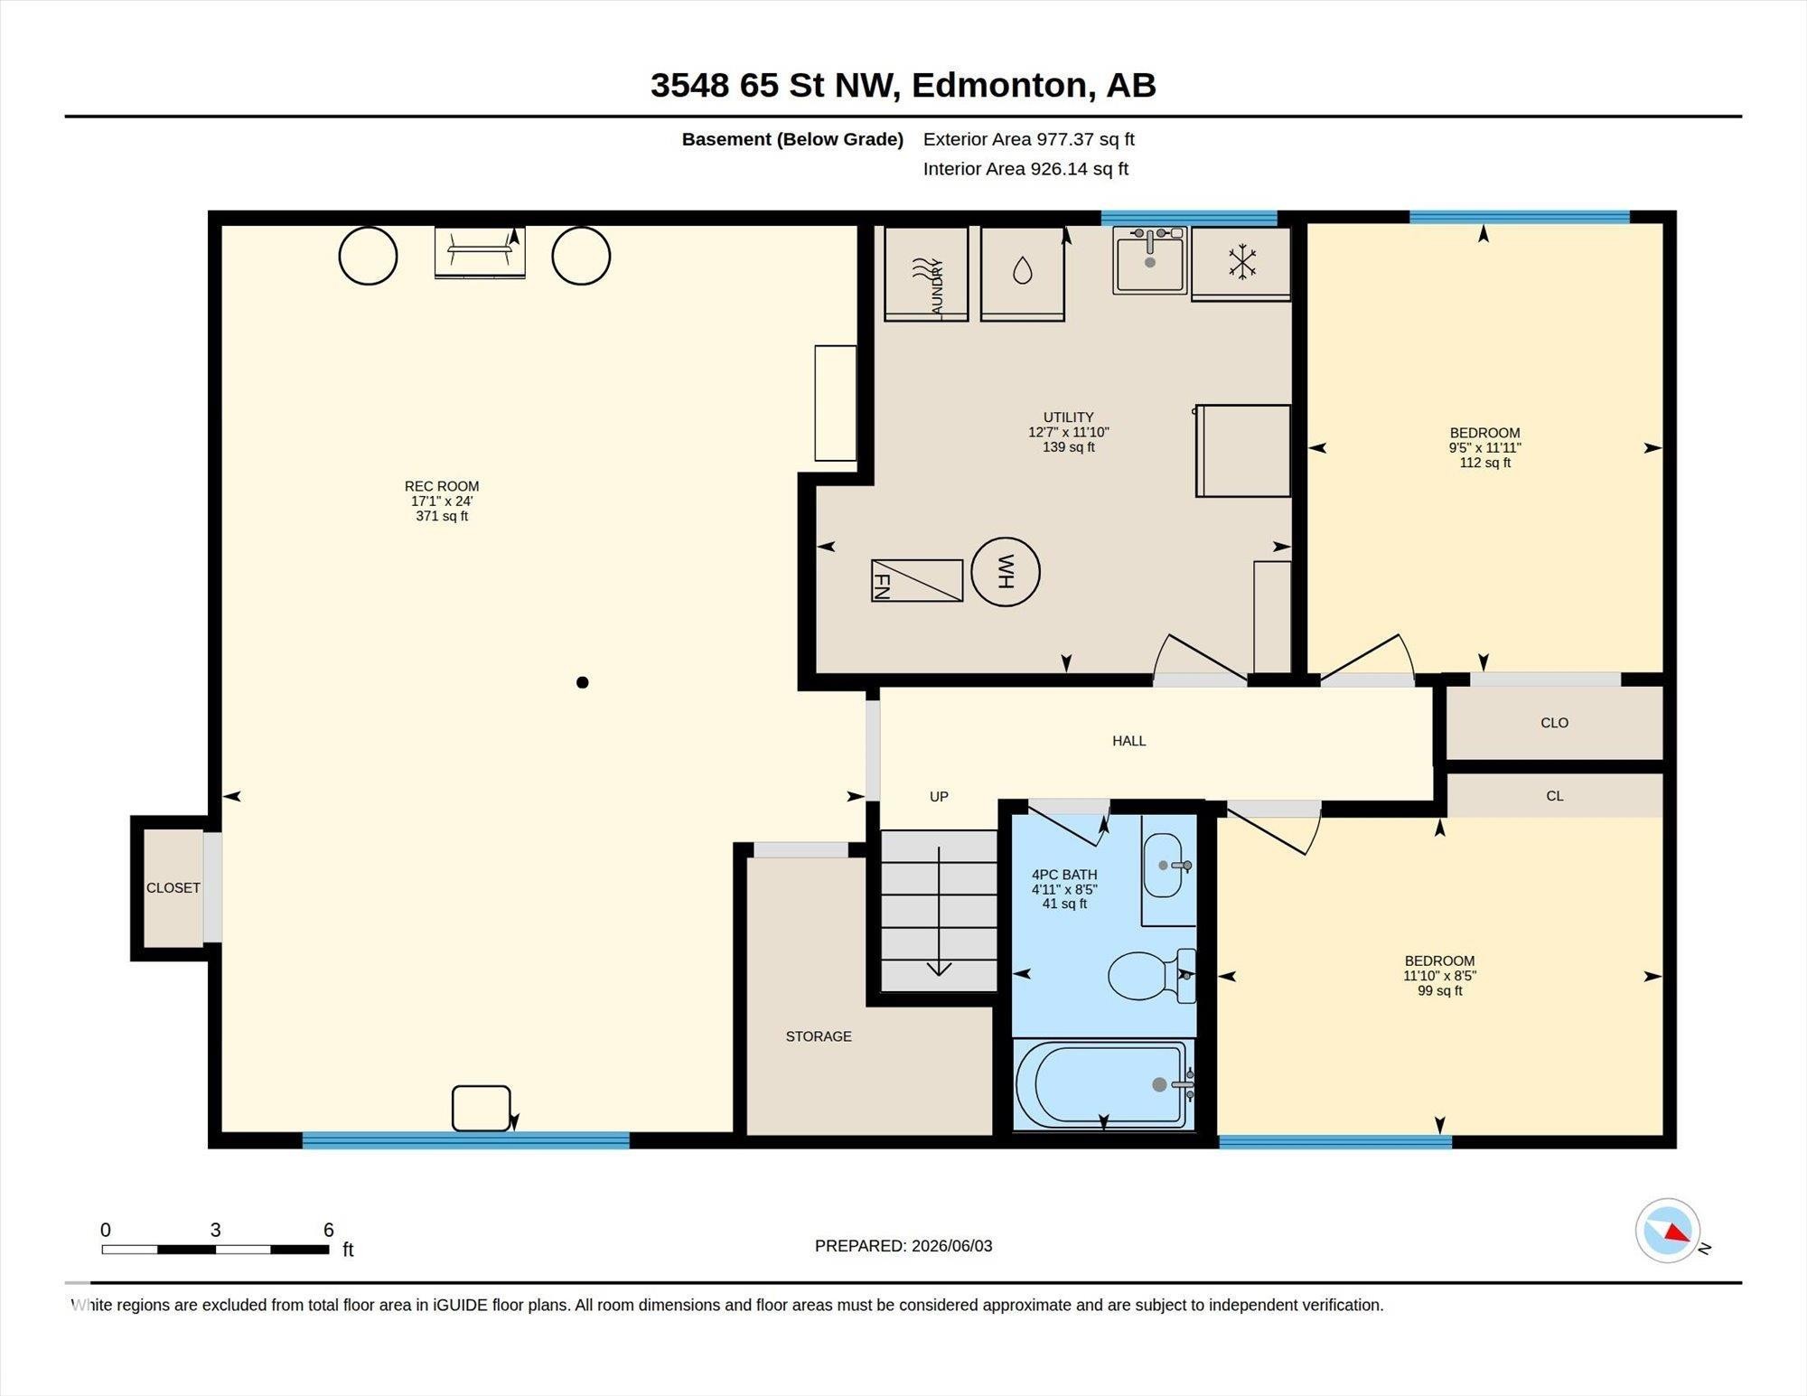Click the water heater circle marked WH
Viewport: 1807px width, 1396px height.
1006,572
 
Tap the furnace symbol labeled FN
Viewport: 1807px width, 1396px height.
917,580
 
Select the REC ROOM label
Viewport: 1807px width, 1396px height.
442,486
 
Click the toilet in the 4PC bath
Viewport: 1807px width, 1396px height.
1152,976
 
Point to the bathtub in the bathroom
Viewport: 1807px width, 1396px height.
1102,1084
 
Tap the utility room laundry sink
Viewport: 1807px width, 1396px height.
1149,260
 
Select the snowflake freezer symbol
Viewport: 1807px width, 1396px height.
1242,262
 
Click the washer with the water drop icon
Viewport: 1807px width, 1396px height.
1023,273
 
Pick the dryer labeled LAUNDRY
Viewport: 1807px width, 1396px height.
926,273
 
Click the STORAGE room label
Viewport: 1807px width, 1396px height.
819,1036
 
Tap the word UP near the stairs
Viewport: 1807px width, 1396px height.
940,796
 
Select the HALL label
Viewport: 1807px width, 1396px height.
1129,741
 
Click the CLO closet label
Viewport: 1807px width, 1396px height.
1555,723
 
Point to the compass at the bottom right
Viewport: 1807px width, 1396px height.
1668,1231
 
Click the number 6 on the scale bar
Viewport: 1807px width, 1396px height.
329,1230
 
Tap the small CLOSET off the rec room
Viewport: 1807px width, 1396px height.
173,888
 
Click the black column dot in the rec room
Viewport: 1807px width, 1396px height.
583,682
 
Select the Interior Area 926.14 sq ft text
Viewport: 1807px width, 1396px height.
1025,169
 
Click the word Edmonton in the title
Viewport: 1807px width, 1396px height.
998,85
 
